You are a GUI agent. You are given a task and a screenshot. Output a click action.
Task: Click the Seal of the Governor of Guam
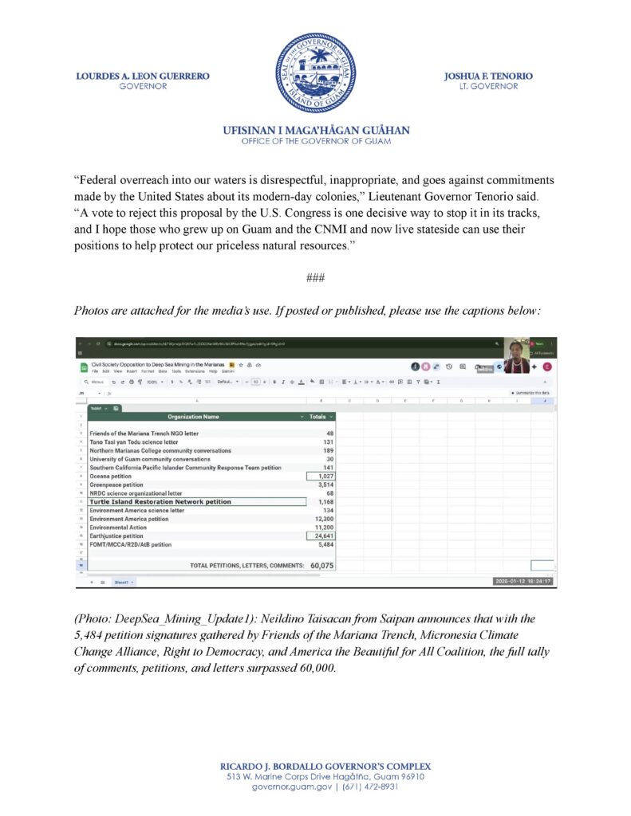coord(316,73)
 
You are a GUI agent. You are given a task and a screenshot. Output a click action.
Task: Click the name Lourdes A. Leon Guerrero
coord(143,76)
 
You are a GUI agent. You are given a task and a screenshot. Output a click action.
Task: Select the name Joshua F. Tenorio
coord(488,76)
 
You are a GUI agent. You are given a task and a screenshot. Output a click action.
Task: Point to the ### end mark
coord(315,277)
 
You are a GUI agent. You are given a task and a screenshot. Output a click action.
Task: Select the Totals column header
coord(317,417)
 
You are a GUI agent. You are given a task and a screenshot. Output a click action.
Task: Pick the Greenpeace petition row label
coord(116,484)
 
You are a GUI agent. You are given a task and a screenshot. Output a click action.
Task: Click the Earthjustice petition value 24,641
coord(320,536)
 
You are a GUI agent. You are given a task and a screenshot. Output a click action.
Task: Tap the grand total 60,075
coord(321,565)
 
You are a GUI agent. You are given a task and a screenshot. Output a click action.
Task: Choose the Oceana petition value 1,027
coord(321,477)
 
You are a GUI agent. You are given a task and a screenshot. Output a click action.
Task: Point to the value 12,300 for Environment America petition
coord(320,519)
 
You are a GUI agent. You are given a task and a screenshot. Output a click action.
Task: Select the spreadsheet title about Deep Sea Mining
coord(158,363)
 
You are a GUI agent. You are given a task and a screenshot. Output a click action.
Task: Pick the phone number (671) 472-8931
coord(369,787)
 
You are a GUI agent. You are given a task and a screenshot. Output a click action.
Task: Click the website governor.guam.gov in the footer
coord(287,787)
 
